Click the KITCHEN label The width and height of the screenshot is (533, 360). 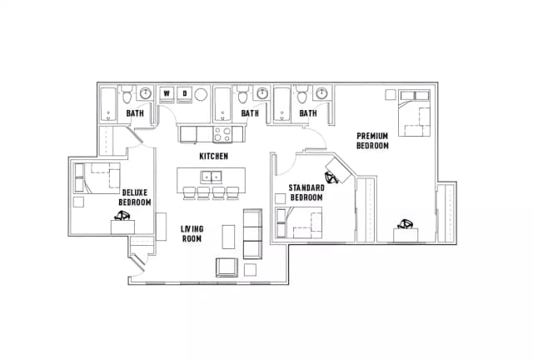tap(213, 156)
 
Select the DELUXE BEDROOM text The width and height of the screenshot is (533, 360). tap(134, 197)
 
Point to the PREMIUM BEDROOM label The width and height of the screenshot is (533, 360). tap(372, 140)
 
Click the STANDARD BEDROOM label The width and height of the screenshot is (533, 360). tap(306, 192)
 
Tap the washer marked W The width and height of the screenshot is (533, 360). tap(167, 93)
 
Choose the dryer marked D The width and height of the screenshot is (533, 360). tap(186, 93)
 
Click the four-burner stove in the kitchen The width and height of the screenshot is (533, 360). tap(223, 132)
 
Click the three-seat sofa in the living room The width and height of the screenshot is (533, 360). tap(252, 234)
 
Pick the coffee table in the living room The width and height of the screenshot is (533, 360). tap(228, 237)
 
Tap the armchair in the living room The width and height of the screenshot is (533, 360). tap(227, 267)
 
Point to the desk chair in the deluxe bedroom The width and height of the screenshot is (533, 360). tap(122, 216)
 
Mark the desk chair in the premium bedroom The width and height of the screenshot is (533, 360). tap(407, 223)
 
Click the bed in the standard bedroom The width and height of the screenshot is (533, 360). tap(301, 223)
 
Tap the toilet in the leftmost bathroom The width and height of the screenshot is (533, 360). tap(145, 93)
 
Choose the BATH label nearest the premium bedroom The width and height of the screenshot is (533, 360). tap(308, 113)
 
